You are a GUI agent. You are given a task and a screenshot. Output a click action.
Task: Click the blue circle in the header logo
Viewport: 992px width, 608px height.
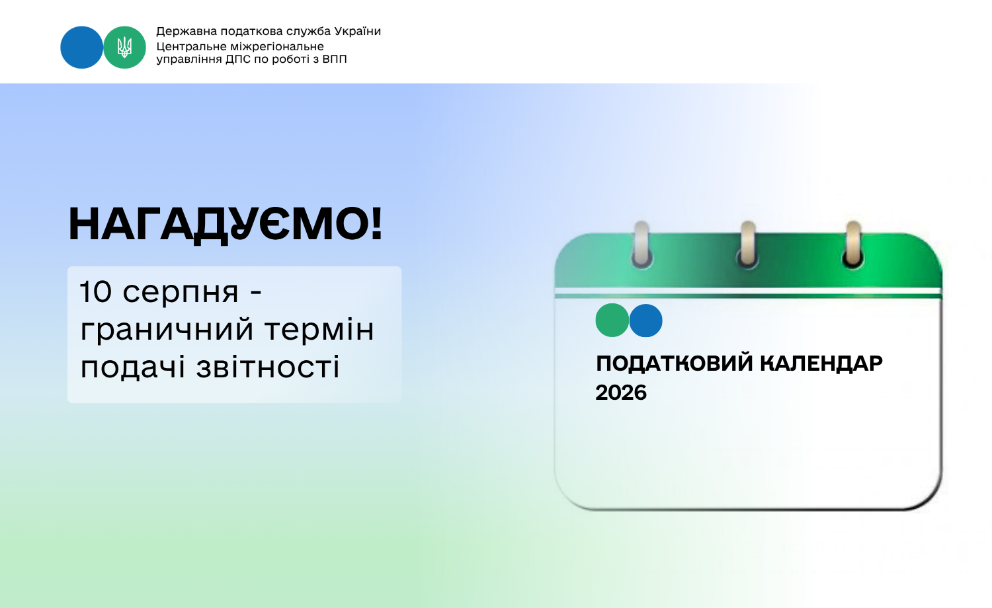click(81, 48)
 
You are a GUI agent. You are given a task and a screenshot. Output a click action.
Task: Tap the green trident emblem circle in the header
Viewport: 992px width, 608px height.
click(124, 48)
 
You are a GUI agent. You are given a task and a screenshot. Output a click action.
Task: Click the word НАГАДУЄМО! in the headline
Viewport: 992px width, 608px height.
click(225, 225)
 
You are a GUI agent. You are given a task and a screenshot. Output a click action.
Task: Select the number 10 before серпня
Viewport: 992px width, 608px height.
click(95, 292)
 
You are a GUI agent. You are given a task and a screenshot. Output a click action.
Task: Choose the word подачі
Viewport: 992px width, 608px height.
click(132, 367)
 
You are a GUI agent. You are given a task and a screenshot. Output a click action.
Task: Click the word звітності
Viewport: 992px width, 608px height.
click(268, 367)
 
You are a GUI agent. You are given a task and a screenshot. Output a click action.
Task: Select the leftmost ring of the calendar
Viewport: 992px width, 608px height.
click(641, 245)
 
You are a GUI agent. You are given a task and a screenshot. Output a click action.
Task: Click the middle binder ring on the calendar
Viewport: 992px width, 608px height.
click(747, 245)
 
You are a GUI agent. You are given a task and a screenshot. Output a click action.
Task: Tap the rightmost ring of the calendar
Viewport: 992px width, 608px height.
click(853, 245)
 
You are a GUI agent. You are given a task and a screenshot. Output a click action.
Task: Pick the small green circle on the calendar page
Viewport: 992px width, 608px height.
click(612, 321)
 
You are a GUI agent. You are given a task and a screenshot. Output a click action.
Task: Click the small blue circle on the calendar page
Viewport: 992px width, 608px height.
click(645, 321)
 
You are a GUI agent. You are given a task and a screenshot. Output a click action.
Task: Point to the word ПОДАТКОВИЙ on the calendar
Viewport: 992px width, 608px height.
click(675, 363)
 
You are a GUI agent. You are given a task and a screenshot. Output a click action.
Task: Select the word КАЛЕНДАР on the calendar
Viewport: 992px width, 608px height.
click(821, 363)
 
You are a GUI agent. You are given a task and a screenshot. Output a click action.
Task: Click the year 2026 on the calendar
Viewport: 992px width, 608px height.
click(621, 393)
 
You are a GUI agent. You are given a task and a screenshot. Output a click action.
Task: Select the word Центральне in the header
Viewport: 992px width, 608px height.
click(192, 47)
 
